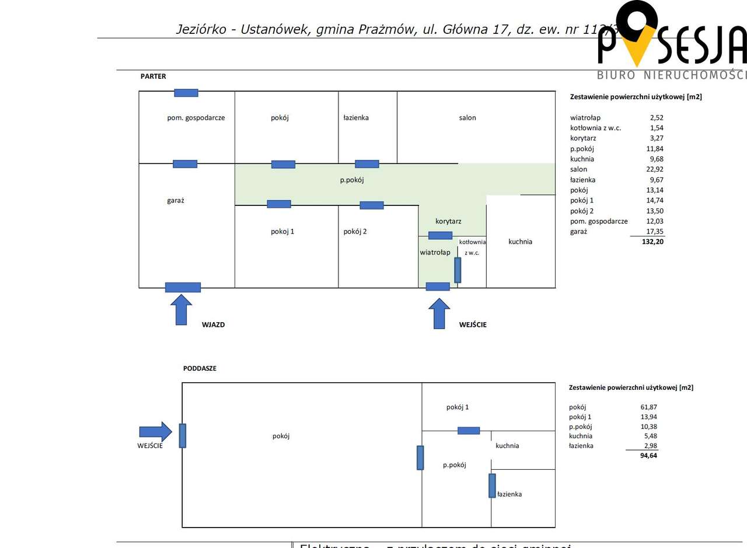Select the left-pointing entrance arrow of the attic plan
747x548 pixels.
click(x=155, y=432)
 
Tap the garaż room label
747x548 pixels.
click(x=176, y=200)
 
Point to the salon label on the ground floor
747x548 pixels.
click(x=467, y=117)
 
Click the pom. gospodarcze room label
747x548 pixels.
click(x=196, y=117)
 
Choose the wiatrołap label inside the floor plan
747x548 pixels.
click(x=435, y=252)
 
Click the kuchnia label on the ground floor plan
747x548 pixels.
click(x=520, y=242)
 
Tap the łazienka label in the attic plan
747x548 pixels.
click(x=509, y=494)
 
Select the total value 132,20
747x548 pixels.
click(x=652, y=241)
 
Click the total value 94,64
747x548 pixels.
click(x=648, y=455)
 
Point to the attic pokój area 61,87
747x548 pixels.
click(x=648, y=407)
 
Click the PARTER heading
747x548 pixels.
click(x=153, y=76)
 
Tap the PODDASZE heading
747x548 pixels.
click(x=200, y=368)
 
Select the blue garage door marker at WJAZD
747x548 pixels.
click(x=183, y=287)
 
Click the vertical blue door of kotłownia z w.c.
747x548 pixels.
click(x=458, y=270)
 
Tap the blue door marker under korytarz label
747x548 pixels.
click(x=440, y=235)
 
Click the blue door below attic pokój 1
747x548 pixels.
click(x=469, y=431)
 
